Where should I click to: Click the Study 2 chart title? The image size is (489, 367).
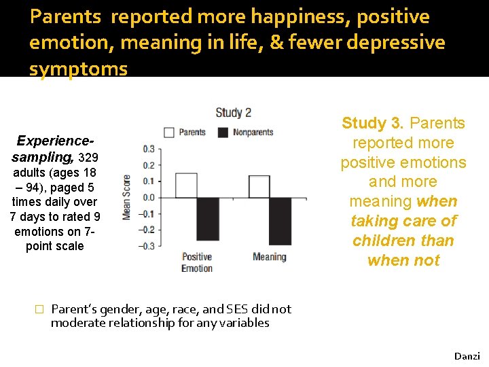coord(234,113)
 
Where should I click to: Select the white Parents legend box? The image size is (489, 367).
coord(169,133)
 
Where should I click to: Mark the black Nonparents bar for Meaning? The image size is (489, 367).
coord(280,222)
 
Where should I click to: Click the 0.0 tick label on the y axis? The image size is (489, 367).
coord(148,198)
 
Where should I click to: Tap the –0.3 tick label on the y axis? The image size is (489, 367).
coord(147,246)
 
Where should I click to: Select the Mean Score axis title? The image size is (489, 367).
coord(127,197)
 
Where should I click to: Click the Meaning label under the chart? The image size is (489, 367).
coord(270,257)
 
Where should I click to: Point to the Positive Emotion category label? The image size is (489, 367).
coord(197,262)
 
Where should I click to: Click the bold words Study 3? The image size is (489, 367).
coord(372,124)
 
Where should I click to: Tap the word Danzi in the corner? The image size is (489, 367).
coord(467,356)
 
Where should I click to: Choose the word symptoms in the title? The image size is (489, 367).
coord(78,69)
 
